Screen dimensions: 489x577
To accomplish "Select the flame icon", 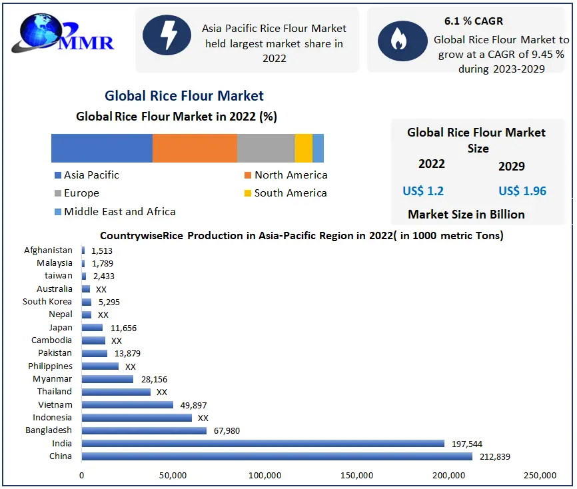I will click(x=398, y=40).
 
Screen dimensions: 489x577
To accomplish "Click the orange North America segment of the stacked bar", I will click(x=195, y=148).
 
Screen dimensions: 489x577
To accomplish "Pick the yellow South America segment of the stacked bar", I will click(x=303, y=148).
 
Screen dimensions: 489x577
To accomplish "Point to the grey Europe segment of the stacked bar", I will click(x=266, y=148).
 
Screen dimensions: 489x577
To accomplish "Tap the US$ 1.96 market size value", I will click(x=522, y=191).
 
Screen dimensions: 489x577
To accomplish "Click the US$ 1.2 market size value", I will click(x=423, y=191).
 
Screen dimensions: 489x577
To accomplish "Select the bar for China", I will click(x=277, y=456).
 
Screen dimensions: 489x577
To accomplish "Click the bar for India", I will click(x=263, y=444).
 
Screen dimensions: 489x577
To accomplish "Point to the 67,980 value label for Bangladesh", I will click(x=227, y=431).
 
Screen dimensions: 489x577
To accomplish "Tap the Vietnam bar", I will click(x=127, y=405).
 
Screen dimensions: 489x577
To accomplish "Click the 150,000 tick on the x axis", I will click(x=356, y=475).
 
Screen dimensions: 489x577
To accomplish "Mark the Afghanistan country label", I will click(x=48, y=250).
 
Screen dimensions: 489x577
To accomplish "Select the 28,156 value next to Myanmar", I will click(x=153, y=379).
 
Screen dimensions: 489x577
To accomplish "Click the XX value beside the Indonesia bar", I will click(x=203, y=418).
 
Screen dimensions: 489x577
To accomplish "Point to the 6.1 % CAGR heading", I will click(x=474, y=21).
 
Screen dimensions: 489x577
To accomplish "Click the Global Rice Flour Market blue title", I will click(x=184, y=96).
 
